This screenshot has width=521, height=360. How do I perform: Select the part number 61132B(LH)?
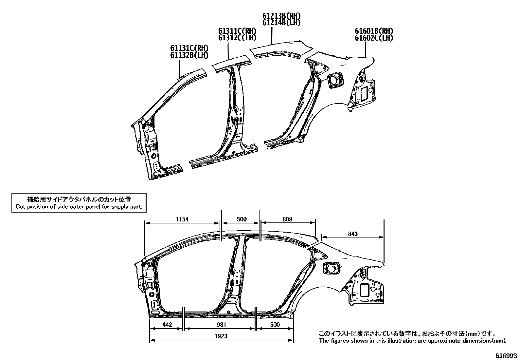click(189, 55)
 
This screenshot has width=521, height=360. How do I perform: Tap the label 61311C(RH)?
click(237, 31)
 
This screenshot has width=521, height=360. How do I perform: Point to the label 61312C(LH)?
click(237, 38)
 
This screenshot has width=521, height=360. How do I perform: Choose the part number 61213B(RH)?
click(281, 16)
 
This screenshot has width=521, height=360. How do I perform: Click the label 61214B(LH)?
click(281, 22)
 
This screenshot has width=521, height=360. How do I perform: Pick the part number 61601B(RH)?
click(374, 31)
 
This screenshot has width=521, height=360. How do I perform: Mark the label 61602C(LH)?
click(374, 38)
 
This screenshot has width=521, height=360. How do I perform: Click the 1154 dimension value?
click(182, 219)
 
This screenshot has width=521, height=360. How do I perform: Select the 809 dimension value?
click(287, 219)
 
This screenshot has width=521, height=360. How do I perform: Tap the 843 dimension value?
click(353, 234)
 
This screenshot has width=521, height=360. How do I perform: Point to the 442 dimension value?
click(167, 325)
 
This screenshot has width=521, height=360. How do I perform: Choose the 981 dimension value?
click(221, 325)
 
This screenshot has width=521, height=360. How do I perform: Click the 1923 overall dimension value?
click(221, 336)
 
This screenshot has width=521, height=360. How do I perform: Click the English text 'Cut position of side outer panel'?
click(79, 207)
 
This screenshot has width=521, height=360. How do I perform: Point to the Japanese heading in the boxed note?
click(79, 199)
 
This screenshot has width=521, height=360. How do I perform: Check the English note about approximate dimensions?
click(413, 341)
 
